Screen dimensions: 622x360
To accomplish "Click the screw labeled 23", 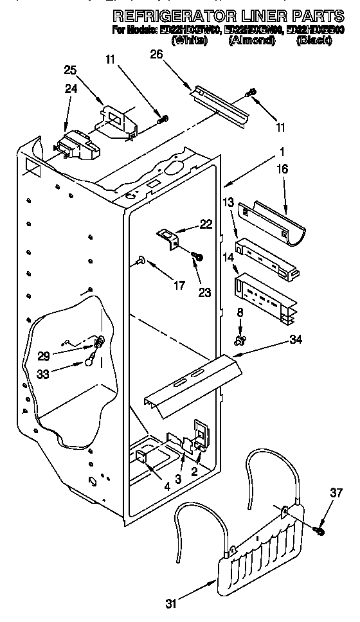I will [198, 258].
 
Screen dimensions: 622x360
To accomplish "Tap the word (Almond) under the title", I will [251, 40].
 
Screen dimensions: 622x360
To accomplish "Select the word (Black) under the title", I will [314, 40].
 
